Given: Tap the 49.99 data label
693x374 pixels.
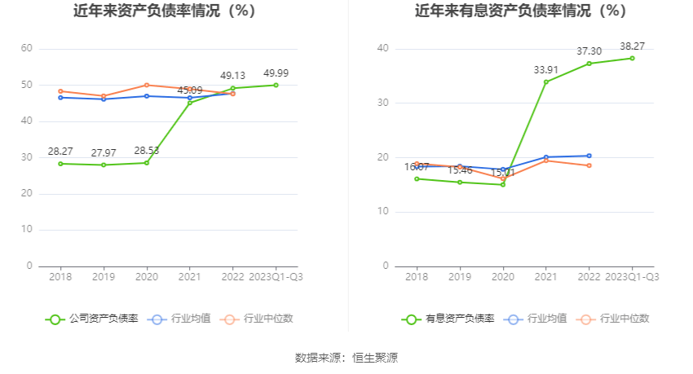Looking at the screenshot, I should pyautogui.click(x=276, y=73).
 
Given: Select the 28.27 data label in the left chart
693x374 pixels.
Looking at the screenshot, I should pyautogui.click(x=61, y=152).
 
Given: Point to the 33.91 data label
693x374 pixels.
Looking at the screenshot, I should pyautogui.click(x=546, y=70).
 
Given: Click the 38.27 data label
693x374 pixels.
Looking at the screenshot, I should pyautogui.click(x=632, y=46).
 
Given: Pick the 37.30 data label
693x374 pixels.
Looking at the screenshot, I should pyautogui.click(x=589, y=51).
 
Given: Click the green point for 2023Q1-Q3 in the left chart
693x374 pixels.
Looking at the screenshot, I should pyautogui.click(x=276, y=85).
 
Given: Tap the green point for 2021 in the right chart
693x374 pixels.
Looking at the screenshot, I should pyautogui.click(x=546, y=81).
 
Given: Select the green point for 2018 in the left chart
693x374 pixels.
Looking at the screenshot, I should pyautogui.click(x=61, y=164).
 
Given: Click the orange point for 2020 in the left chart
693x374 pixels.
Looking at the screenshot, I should pyautogui.click(x=147, y=85).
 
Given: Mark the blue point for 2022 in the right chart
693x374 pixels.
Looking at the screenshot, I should pyautogui.click(x=589, y=156).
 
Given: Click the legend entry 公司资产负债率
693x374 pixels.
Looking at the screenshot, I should pyautogui.click(x=92, y=319).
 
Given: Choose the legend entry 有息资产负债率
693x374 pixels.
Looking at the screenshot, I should pyautogui.click(x=448, y=319).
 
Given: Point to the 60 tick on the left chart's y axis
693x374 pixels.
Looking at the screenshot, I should pyautogui.click(x=27, y=49).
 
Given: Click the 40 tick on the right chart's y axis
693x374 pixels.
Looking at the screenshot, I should pyautogui.click(x=383, y=49).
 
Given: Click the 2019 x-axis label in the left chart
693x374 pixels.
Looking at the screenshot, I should pyautogui.click(x=104, y=278).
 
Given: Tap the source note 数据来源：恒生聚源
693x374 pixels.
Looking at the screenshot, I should pyautogui.click(x=346, y=358).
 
